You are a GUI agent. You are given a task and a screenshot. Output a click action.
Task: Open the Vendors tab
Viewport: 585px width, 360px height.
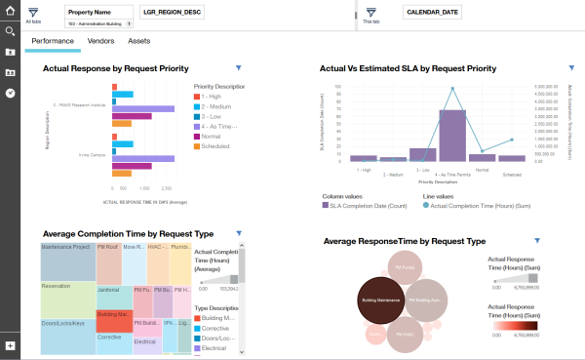(x=100, y=42)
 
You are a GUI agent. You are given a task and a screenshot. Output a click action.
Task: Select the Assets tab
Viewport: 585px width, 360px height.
(x=138, y=42)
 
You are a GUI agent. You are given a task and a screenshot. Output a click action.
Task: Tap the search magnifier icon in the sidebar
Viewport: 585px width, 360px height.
(x=10, y=30)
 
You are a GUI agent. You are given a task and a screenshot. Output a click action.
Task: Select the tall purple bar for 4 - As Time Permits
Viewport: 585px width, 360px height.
(x=451, y=135)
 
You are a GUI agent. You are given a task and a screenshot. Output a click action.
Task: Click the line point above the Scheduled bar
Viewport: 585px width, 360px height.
(x=513, y=139)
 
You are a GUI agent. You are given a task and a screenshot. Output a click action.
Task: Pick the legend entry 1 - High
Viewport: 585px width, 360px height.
(x=213, y=96)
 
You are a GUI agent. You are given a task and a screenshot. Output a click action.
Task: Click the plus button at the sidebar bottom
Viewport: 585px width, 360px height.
(x=10, y=345)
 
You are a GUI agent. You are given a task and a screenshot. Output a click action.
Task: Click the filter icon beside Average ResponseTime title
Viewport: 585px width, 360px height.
(x=535, y=240)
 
